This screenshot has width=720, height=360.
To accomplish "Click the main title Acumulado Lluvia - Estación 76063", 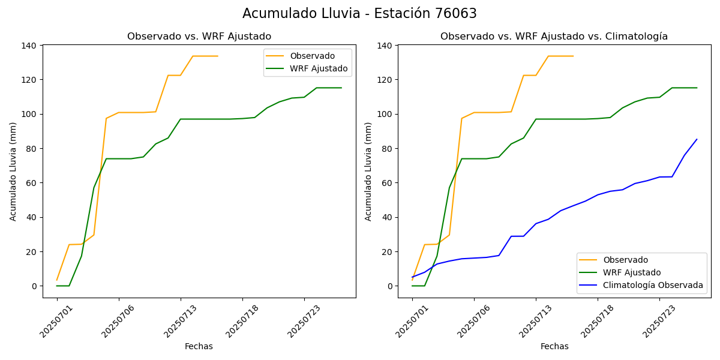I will point(359,14).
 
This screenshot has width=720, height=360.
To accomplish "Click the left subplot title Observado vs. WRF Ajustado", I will point(199,37).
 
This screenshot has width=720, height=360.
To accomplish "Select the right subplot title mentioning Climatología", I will point(554,37).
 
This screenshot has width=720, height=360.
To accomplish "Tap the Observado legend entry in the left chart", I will point(312,56).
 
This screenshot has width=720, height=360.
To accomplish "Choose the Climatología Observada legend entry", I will point(653,285).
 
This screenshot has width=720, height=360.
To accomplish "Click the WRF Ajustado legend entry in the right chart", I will point(632,272).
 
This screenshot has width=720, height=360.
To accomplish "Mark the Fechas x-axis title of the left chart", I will point(199,346).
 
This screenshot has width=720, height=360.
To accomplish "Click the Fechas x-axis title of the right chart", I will point(554,346).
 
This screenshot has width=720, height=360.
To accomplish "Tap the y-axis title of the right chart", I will point(369,171).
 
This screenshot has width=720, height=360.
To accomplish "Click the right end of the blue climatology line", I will point(697,139).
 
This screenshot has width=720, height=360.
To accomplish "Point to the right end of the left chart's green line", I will point(341,88).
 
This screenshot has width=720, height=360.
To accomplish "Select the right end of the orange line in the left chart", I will point(217,56).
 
